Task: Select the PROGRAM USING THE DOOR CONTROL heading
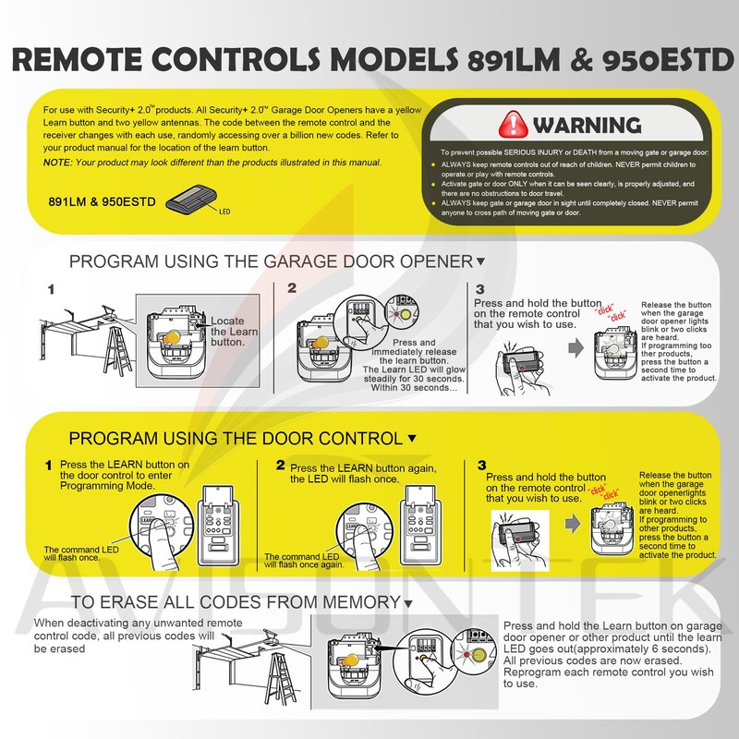point(236,438)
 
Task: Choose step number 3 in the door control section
point(481,465)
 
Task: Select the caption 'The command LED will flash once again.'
point(297,561)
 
